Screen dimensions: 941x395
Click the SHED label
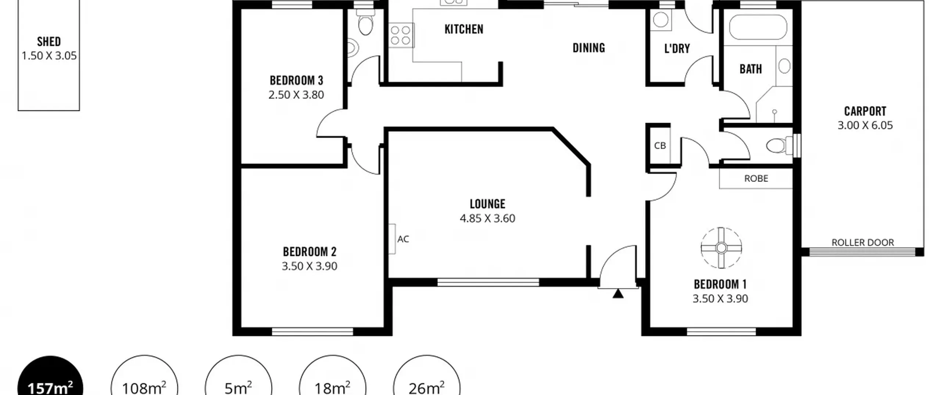click(x=49, y=42)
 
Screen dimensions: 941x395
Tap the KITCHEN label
click(x=464, y=29)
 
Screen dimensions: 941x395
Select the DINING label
click(x=589, y=48)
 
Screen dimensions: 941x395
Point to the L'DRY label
click(x=677, y=49)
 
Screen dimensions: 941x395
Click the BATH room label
click(x=751, y=69)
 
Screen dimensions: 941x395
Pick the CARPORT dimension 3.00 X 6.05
click(x=865, y=125)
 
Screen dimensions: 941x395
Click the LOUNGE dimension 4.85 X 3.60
click(x=487, y=218)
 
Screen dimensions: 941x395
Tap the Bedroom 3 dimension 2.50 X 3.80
click(x=296, y=95)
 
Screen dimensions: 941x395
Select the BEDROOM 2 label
click(x=310, y=252)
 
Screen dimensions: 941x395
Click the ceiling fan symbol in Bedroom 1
click(x=721, y=248)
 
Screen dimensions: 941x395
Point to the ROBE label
click(x=756, y=179)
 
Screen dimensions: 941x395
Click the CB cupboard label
click(x=660, y=146)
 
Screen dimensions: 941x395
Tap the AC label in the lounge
click(x=403, y=239)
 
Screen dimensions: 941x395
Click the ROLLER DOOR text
click(x=863, y=243)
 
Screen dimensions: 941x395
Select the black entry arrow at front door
click(x=618, y=294)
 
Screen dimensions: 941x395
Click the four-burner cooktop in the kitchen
click(x=401, y=35)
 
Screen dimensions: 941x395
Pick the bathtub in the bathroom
click(x=758, y=27)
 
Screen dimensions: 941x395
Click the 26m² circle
click(x=426, y=377)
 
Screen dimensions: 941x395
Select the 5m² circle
click(x=238, y=377)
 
